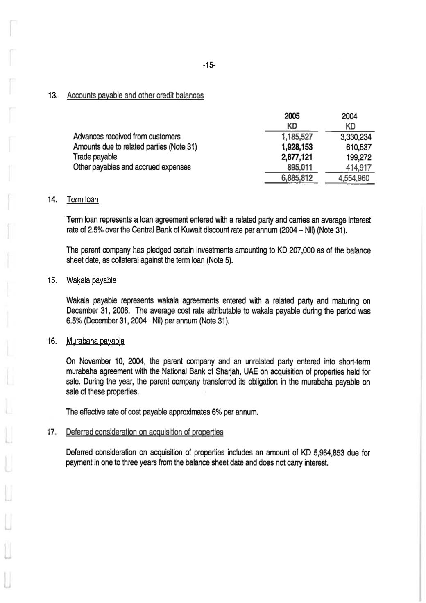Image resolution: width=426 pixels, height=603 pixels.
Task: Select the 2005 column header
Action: [292, 116]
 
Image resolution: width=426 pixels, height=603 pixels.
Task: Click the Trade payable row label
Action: [95, 157]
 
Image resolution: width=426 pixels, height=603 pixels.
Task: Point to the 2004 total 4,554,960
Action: [353, 178]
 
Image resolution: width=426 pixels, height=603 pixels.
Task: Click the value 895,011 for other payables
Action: [300, 167]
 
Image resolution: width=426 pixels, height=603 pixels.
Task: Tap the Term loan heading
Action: [82, 200]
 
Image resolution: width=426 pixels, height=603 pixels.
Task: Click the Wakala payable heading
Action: [91, 280]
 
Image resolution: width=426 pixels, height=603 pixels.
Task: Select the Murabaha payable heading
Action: [95, 341]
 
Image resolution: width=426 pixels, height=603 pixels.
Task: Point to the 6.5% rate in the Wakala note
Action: [73, 321]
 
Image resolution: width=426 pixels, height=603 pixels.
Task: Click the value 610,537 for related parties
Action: [358, 147]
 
